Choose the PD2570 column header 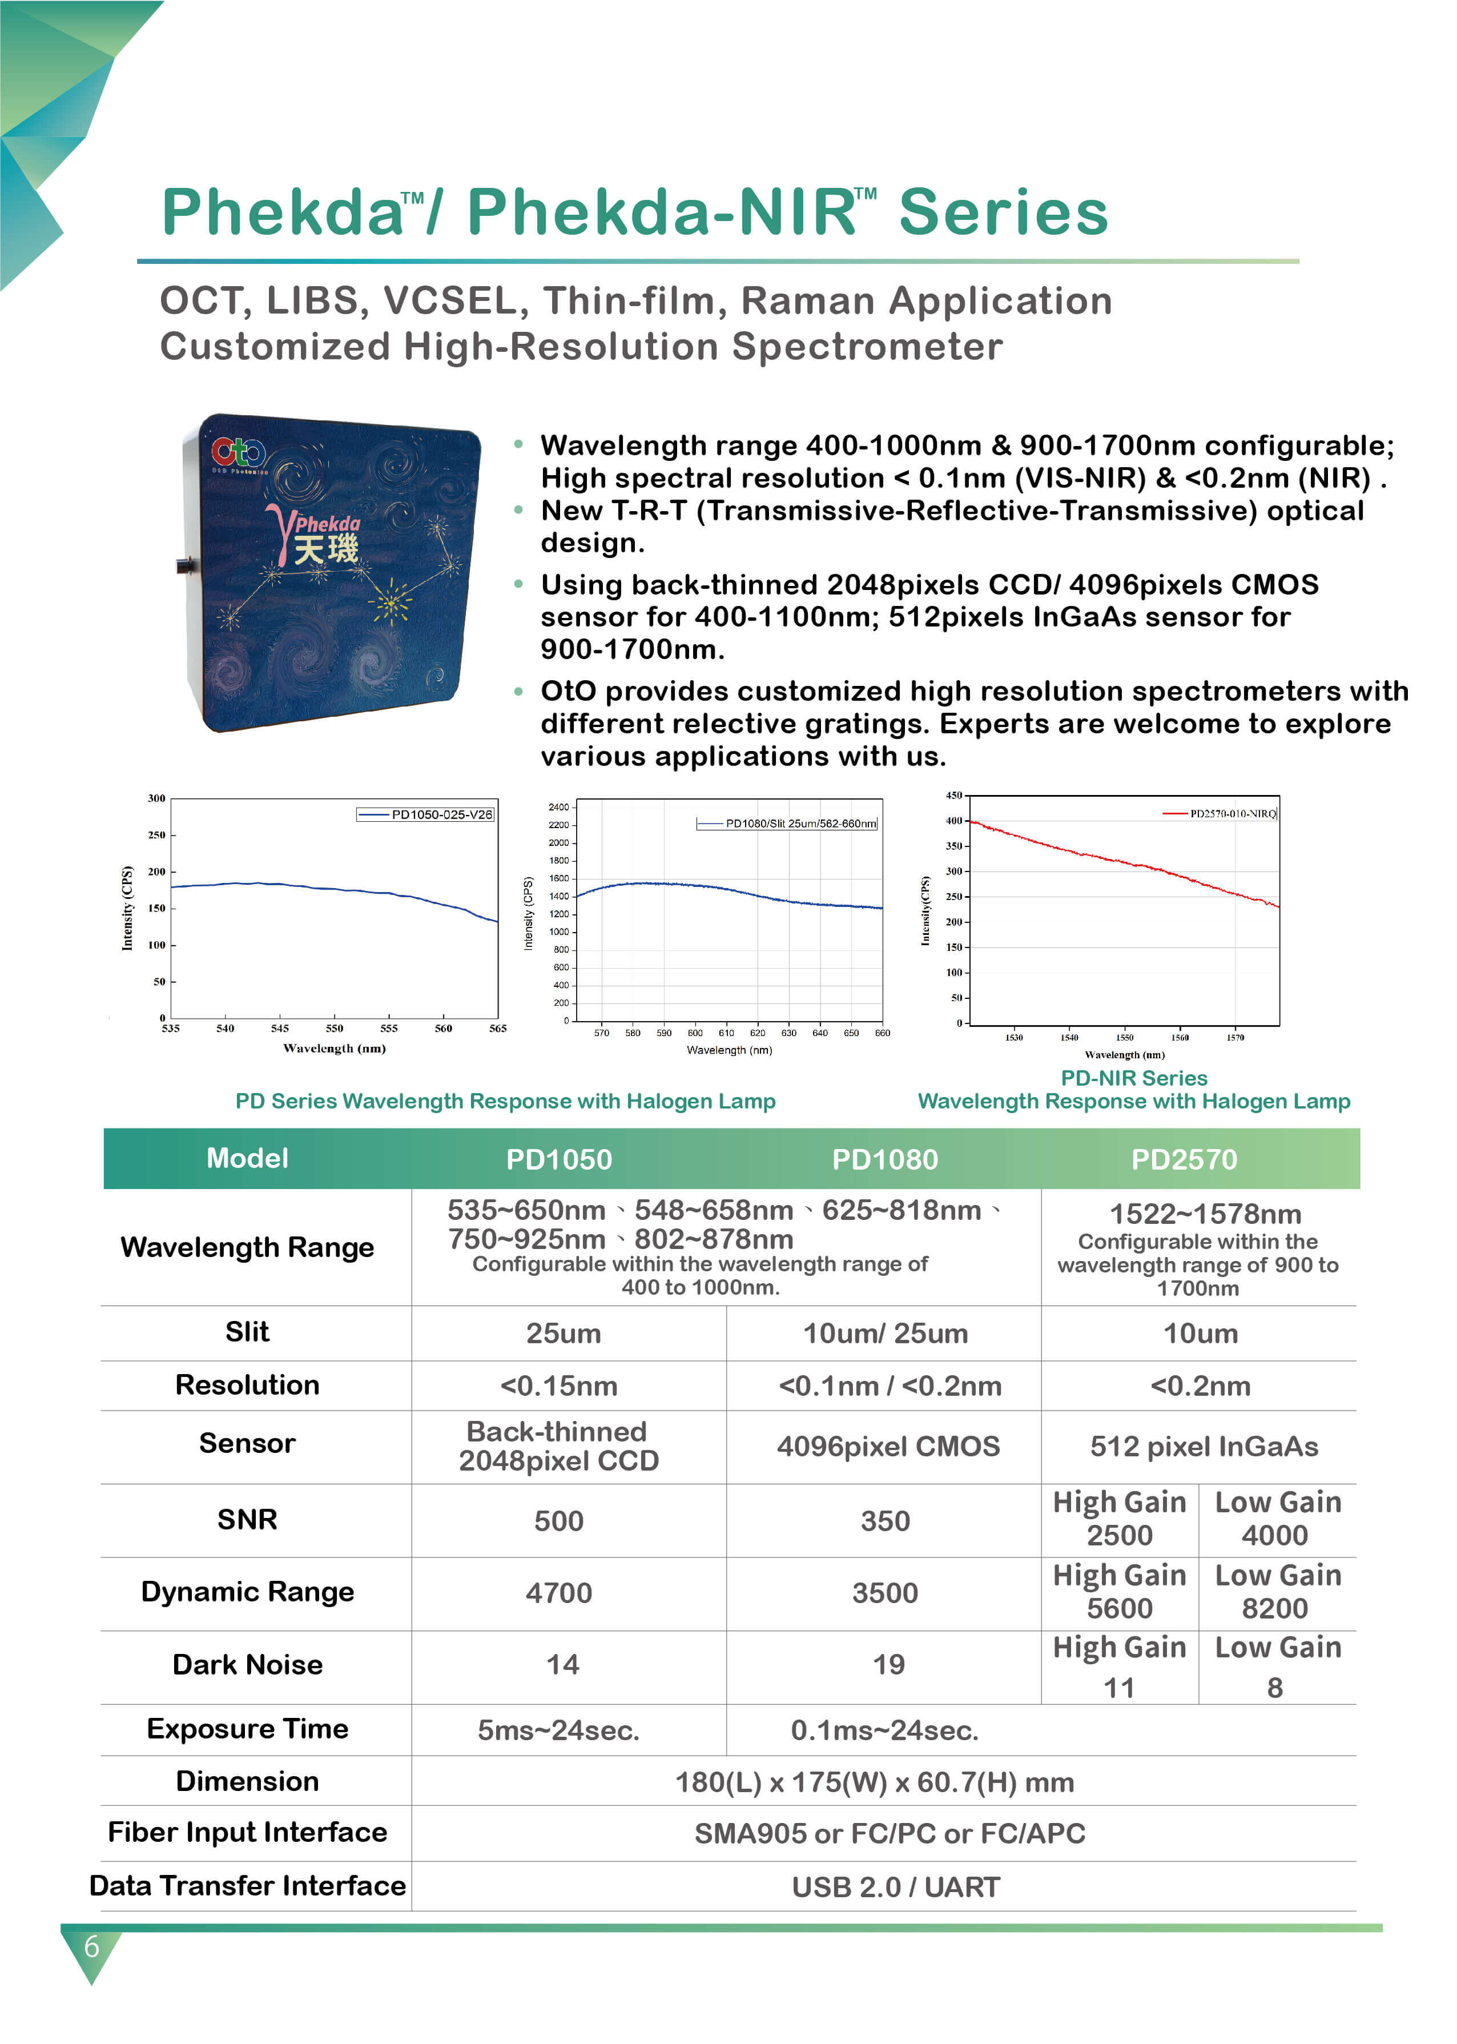1184,1159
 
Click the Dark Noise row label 248,1664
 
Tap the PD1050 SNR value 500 559,1521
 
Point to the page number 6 91,1946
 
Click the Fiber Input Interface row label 248,1832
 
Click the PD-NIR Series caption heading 1134,1078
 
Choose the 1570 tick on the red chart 1235,1037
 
